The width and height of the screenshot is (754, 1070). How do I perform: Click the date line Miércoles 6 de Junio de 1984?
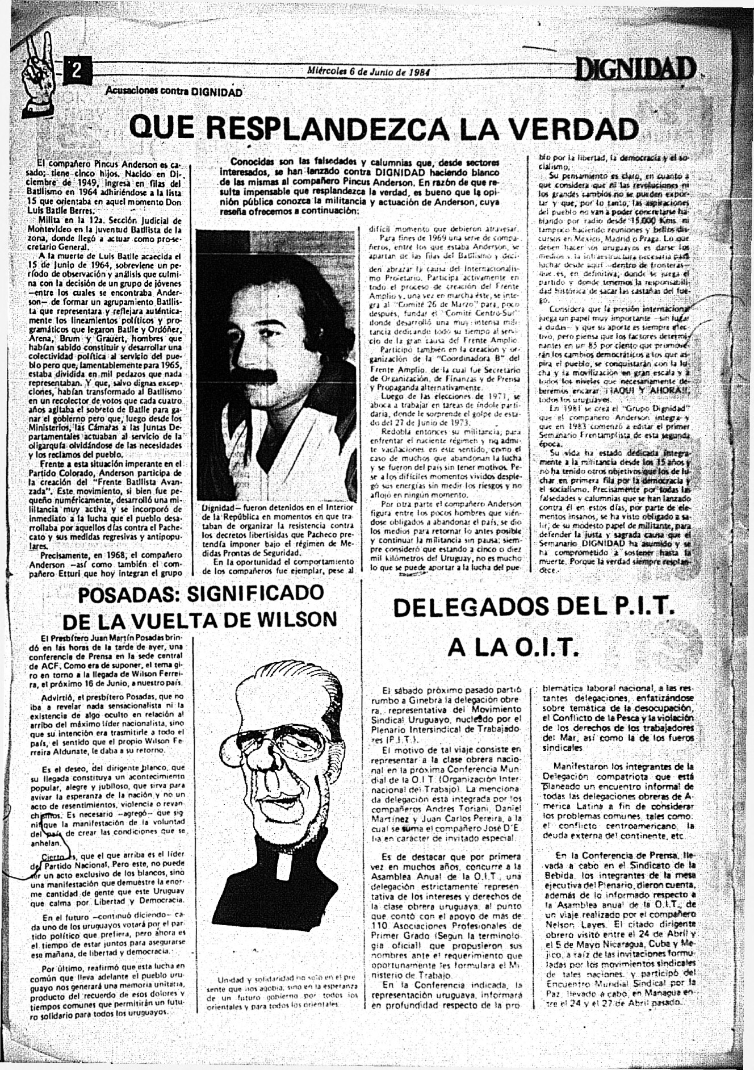[x=368, y=72]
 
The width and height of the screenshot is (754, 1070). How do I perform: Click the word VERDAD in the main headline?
[x=573, y=129]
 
